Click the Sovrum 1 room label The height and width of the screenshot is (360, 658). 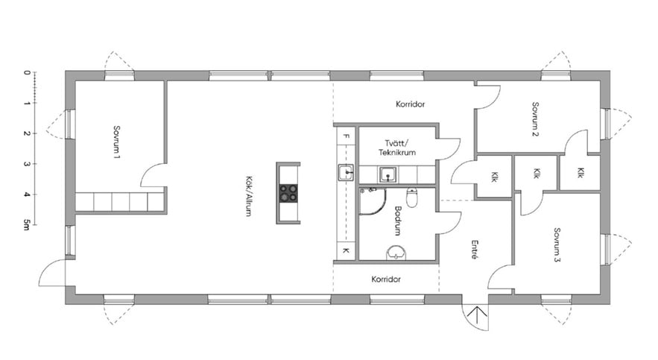pyautogui.click(x=117, y=142)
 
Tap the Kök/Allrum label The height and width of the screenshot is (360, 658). pyautogui.click(x=248, y=196)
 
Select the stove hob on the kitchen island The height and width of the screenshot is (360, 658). pyautogui.click(x=288, y=193)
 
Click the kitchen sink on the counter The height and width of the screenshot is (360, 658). pyautogui.click(x=346, y=172)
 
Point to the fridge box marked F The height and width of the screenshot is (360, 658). pyautogui.click(x=347, y=136)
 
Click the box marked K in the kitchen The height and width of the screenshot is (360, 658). pyautogui.click(x=346, y=251)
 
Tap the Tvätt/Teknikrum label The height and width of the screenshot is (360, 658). pyautogui.click(x=397, y=148)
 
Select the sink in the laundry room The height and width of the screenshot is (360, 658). pyautogui.click(x=388, y=174)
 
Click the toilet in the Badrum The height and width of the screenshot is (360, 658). pyautogui.click(x=412, y=198)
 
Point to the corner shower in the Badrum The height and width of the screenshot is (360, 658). pyautogui.click(x=372, y=201)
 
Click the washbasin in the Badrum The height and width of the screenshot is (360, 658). pyautogui.click(x=396, y=253)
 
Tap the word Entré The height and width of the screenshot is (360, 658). pyautogui.click(x=475, y=250)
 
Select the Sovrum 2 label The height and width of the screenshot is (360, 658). pyautogui.click(x=535, y=119)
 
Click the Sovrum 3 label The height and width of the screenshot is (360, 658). pyautogui.click(x=557, y=245)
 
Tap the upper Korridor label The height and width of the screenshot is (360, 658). pyautogui.click(x=411, y=104)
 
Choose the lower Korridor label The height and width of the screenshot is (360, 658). pyautogui.click(x=386, y=279)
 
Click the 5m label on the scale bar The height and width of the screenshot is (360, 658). pyautogui.click(x=26, y=225)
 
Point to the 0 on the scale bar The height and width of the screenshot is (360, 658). pyautogui.click(x=27, y=72)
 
